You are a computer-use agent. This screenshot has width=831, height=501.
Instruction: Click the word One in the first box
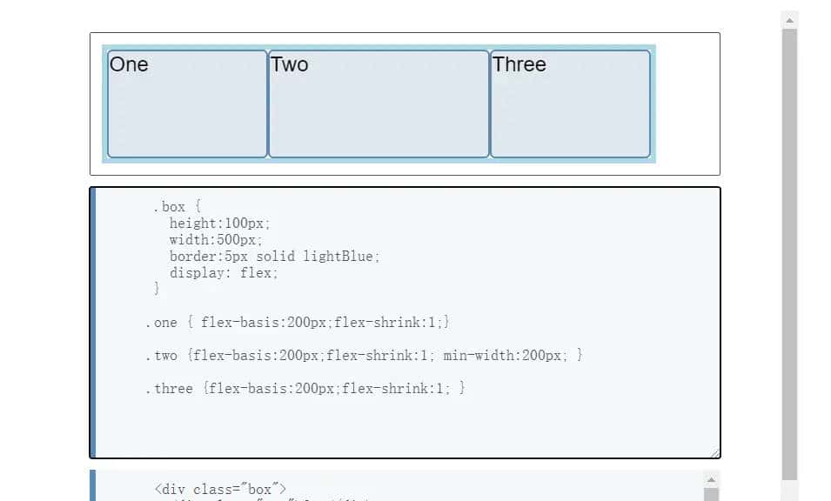pyautogui.click(x=129, y=64)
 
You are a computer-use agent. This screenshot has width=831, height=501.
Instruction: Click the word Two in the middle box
pyautogui.click(x=290, y=64)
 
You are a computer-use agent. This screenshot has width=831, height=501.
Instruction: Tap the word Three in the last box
pyautogui.click(x=519, y=64)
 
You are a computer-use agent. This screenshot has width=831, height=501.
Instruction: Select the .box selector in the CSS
pyautogui.click(x=169, y=207)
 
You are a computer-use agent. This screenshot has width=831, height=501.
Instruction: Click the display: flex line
pyautogui.click(x=224, y=273)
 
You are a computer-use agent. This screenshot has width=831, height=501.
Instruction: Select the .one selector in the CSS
pyautogui.click(x=161, y=323)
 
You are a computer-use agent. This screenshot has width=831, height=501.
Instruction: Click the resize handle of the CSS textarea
pyautogui.click(x=714, y=452)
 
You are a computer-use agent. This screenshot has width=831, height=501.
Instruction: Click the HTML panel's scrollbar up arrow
pyautogui.click(x=711, y=480)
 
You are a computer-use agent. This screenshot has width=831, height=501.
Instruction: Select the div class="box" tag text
pyautogui.click(x=220, y=490)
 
